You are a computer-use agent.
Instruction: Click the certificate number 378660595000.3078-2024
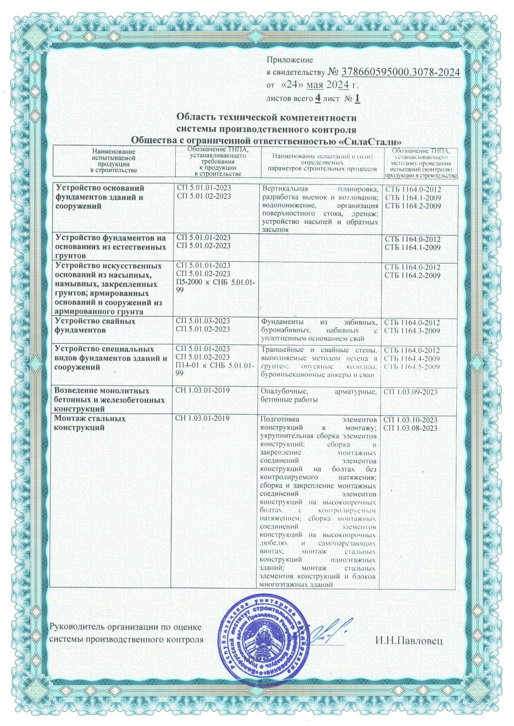tap(400, 72)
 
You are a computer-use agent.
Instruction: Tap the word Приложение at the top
tap(290, 60)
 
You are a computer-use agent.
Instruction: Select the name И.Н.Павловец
tap(409, 653)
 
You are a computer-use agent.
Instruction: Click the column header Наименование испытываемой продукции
tap(113, 161)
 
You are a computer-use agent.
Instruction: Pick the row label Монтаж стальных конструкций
tap(90, 423)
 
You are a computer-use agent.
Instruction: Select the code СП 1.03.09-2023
tap(411, 391)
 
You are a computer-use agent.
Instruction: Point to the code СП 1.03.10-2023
tap(411, 419)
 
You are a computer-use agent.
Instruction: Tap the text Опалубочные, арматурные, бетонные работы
tap(319, 395)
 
